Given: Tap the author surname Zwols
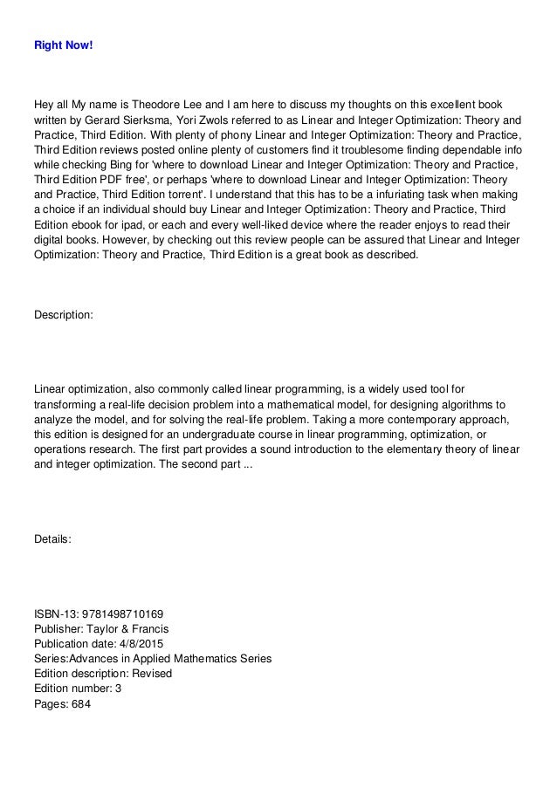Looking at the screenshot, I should (x=216, y=121).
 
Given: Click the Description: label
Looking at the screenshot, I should (x=62, y=314).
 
